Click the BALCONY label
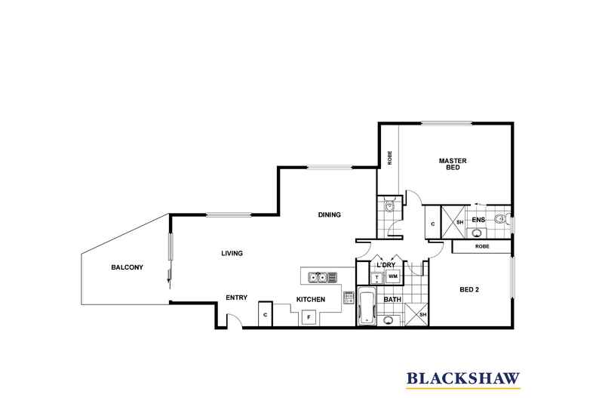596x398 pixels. [x=127, y=267]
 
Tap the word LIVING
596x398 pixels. [x=232, y=253]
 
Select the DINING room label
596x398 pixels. [x=329, y=214]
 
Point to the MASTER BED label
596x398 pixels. [x=453, y=164]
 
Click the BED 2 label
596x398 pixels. [x=469, y=289]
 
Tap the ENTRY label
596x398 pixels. [x=236, y=298]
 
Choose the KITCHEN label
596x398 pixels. [x=311, y=300]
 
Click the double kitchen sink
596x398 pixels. [x=318, y=277]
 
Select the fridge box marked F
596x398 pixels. [x=309, y=316]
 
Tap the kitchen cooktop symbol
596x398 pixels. [x=349, y=297]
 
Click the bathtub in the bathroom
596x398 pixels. [x=367, y=307]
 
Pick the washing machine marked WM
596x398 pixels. [x=392, y=276]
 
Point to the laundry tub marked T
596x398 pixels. [x=376, y=277]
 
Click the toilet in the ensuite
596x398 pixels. [x=502, y=219]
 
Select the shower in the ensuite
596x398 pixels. [x=453, y=222]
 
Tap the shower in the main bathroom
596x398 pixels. [x=416, y=315]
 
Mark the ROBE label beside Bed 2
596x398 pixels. [x=482, y=246]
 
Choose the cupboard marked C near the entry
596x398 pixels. [x=266, y=314]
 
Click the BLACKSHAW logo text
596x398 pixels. [x=463, y=378]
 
